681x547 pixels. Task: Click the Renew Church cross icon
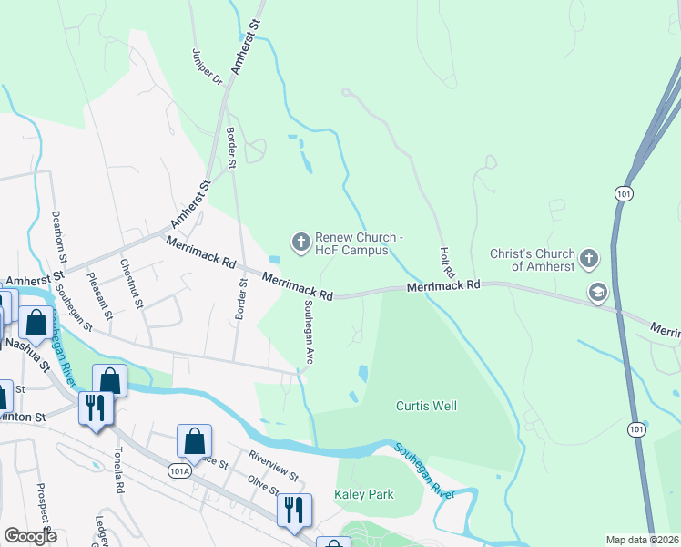coord(300,242)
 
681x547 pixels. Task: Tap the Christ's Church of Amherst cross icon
coord(588,259)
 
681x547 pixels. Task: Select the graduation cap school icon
coord(597,293)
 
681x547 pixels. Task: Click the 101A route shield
coord(180,470)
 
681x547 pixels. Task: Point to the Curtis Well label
coord(426,406)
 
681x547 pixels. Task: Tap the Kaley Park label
coord(365,494)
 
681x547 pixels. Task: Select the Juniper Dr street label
coord(207,67)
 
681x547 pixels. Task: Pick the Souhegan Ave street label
coord(308,333)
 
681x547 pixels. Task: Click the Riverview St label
coord(273,464)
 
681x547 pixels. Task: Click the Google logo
coord(30,536)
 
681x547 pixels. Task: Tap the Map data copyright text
coord(641,540)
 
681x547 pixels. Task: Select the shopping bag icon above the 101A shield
coord(195,440)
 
